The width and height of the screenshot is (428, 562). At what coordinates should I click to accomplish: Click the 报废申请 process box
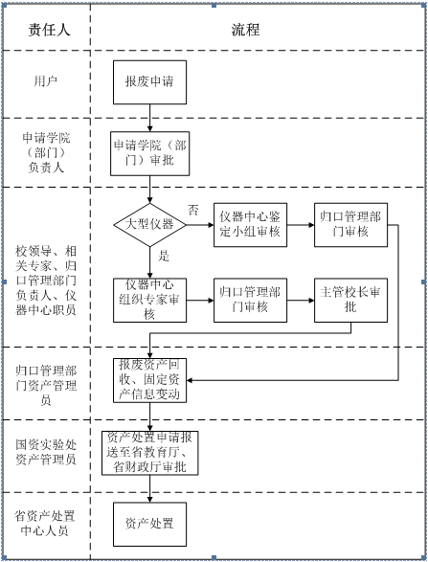(x=149, y=82)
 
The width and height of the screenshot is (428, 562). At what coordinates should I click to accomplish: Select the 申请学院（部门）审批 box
(x=149, y=153)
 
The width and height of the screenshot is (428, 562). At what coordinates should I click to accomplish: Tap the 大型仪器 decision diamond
(x=149, y=225)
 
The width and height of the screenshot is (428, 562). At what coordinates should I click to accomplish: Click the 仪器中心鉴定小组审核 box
(x=250, y=225)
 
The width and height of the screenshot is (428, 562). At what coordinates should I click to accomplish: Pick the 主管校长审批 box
(x=351, y=300)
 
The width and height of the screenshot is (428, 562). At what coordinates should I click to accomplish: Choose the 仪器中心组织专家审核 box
(x=149, y=300)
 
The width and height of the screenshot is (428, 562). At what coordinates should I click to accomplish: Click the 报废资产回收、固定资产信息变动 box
(x=149, y=380)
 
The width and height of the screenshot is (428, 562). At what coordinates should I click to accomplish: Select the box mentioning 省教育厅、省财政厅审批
(x=149, y=453)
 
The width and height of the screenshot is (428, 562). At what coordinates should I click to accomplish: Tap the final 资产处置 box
(x=149, y=524)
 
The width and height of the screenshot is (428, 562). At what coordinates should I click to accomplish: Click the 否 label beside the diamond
(x=193, y=210)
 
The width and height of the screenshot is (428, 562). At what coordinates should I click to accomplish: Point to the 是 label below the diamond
(x=164, y=256)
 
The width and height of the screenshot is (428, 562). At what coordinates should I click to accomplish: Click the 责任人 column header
(x=49, y=30)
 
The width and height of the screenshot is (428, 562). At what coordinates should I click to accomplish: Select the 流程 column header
(x=245, y=30)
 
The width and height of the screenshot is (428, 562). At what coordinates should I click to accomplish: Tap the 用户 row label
(x=46, y=81)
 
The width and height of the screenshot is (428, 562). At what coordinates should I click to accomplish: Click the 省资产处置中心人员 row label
(x=45, y=524)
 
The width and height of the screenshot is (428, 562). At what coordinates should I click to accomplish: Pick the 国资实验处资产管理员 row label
(x=46, y=452)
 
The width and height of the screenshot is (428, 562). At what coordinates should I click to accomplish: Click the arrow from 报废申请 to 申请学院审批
(x=149, y=118)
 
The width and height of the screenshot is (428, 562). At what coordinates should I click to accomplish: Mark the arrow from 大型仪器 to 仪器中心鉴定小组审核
(x=200, y=225)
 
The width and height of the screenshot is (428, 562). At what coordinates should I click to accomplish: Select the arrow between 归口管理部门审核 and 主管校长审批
(x=301, y=300)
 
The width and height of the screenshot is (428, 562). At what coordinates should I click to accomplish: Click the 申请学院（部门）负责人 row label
(x=46, y=152)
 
